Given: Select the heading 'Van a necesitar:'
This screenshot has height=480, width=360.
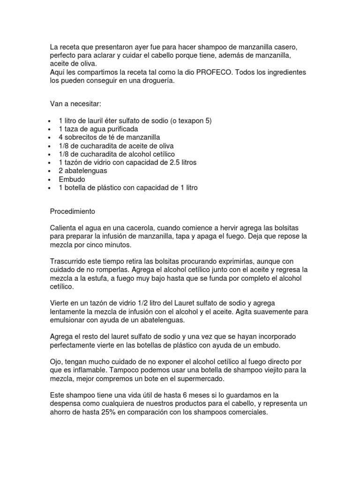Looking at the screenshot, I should pyautogui.click(x=75, y=103).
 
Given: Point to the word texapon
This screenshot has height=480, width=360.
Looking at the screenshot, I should pyautogui.click(x=187, y=120).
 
